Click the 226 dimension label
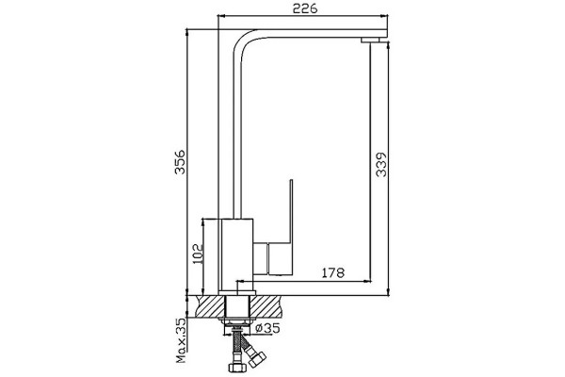click(x=305, y=8)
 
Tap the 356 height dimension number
click(x=180, y=161)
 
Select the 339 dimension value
click(x=380, y=165)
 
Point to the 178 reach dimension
click(x=332, y=272)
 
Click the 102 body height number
click(x=198, y=254)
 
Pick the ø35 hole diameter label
click(x=267, y=328)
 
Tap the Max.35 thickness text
click(x=181, y=340)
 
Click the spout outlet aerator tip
click(x=371, y=40)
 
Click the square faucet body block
click(x=237, y=254)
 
